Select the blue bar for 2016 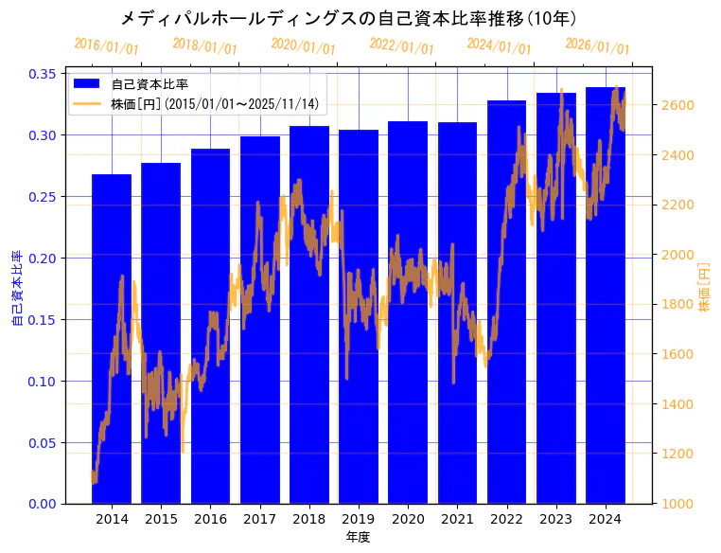tap(210, 326)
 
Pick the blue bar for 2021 tap(457, 312)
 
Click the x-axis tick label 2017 tap(259, 519)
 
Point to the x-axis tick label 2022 tap(506, 519)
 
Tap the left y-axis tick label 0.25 tap(43, 197)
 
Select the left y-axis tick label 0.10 tap(43, 382)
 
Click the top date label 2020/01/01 tap(303, 46)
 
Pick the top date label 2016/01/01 tap(106, 46)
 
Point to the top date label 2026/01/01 tap(597, 46)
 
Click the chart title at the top tap(348, 18)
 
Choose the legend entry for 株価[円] tap(214, 103)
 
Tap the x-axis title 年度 tap(358, 537)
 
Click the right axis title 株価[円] tap(704, 288)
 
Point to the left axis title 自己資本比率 tap(17, 288)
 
